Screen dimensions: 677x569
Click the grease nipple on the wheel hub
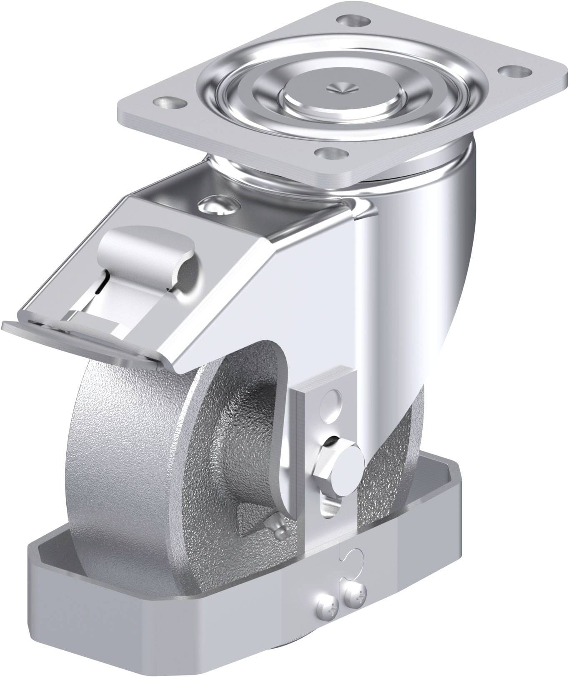tap(271, 520)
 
